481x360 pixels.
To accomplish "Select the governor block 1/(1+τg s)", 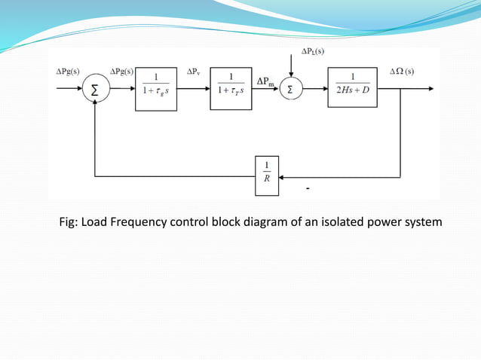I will [x=156, y=89].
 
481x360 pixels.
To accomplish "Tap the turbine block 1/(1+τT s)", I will [x=231, y=89].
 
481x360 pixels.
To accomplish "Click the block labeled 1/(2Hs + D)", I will [x=352, y=88].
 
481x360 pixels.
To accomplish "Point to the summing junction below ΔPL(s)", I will [x=291, y=89].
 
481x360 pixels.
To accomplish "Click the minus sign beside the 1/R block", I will [x=308, y=188].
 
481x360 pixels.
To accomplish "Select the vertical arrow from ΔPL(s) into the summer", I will [x=291, y=66].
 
